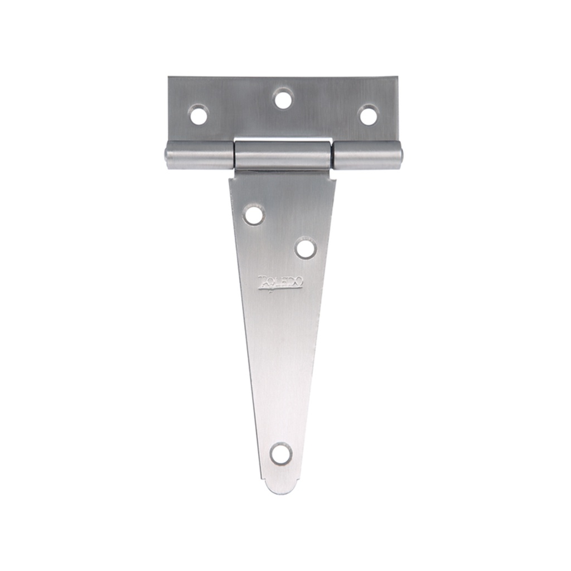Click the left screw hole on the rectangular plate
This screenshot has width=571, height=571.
[199, 115]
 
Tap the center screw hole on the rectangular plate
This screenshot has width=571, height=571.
[283, 99]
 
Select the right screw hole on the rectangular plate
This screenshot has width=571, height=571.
[368, 115]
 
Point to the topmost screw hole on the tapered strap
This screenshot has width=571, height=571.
[254, 215]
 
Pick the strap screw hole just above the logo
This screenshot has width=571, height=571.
[306, 248]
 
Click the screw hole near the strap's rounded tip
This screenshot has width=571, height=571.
[281, 453]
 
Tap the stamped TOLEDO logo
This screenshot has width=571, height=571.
[280, 282]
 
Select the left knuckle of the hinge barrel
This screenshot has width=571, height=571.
[199, 155]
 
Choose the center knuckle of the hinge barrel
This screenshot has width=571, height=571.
[283, 156]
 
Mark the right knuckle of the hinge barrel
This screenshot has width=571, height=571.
[367, 155]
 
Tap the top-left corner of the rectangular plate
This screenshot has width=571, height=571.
[170, 78]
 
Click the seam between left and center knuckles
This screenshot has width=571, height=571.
[234, 156]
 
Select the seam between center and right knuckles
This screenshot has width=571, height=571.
[332, 156]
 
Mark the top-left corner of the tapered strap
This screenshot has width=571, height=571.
[230, 177]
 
